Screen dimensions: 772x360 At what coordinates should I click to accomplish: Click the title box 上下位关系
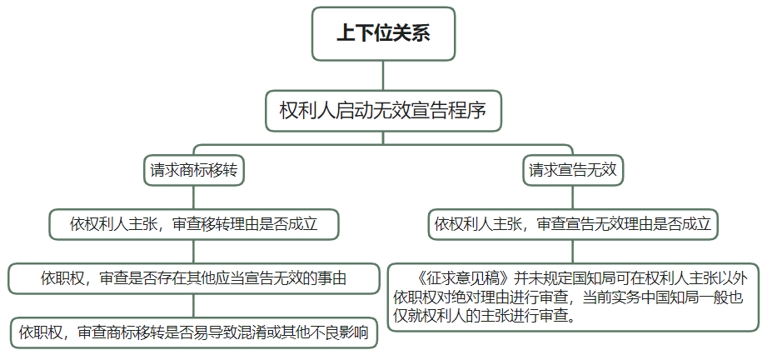click(383, 34)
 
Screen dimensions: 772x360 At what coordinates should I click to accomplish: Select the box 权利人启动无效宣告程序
click(383, 111)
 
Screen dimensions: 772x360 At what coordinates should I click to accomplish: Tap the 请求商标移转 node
click(194, 170)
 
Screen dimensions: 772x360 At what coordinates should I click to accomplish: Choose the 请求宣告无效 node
click(573, 170)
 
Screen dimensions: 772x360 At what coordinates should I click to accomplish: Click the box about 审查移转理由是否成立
click(194, 224)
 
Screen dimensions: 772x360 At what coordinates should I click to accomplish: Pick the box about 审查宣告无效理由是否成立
click(573, 224)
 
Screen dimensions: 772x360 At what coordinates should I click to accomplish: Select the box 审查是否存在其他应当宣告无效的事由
click(194, 278)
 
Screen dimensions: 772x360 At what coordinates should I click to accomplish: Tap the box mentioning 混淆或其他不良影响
click(194, 332)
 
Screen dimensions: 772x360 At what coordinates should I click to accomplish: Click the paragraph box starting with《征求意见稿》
click(573, 297)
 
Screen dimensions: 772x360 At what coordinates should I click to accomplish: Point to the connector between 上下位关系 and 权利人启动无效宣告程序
click(383, 75)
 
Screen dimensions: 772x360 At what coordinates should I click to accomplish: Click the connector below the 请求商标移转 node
click(194, 197)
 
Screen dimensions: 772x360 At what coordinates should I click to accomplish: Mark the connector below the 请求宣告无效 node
click(573, 197)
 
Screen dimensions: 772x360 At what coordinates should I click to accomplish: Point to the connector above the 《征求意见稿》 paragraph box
click(573, 252)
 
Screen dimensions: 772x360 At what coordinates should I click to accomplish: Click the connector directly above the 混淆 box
click(194, 306)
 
